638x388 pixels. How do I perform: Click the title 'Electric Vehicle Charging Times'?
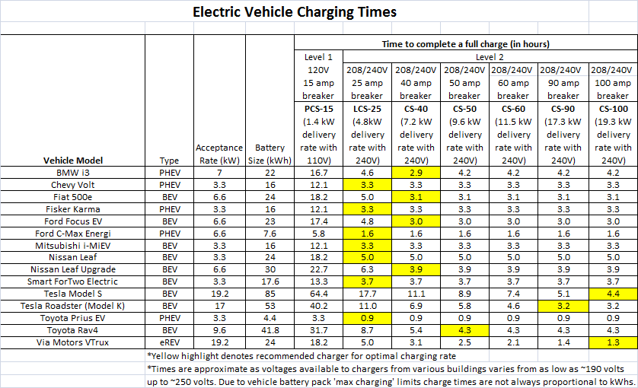tap(294, 12)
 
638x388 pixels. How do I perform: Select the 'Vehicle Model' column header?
tap(73, 161)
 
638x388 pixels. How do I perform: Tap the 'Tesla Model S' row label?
tap(73, 294)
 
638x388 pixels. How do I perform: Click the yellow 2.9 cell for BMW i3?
tap(416, 173)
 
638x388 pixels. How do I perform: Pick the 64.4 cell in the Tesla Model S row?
tap(318, 294)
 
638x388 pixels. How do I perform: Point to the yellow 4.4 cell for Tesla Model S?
tap(612, 294)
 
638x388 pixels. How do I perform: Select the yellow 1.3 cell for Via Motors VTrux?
tap(612, 342)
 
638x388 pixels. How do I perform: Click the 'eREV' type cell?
tap(169, 342)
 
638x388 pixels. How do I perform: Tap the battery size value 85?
tap(270, 294)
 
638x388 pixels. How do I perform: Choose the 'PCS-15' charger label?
tap(318, 109)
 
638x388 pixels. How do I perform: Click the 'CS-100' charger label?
tap(612, 109)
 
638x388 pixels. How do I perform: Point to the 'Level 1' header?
tap(318, 57)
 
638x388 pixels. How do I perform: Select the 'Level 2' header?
tap(490, 57)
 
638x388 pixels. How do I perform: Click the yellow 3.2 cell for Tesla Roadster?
tap(563, 306)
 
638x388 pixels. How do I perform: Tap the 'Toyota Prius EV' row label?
tap(73, 318)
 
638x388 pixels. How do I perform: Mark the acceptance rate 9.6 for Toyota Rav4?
tap(219, 330)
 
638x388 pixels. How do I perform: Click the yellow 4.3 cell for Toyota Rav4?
tap(464, 330)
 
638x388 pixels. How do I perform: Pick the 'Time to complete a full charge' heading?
tap(464, 43)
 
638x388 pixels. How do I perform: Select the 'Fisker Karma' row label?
tap(73, 209)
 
